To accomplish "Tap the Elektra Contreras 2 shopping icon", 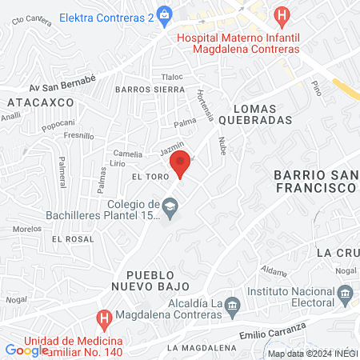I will pos(165,14).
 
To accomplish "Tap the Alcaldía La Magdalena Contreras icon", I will pos(233,304).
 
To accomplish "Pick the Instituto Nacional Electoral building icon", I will pos(345,294).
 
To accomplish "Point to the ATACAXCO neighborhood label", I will pos(40,102).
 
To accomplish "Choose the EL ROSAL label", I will pos(67,238).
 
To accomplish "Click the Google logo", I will pos(26,350).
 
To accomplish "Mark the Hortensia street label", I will pos(205,104).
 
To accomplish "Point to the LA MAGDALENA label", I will pos(202,348).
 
